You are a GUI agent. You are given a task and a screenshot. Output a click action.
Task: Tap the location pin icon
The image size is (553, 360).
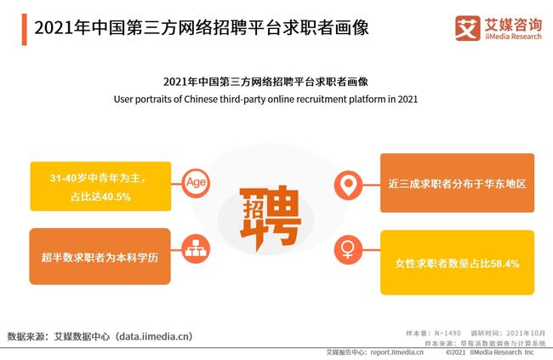[x=347, y=183]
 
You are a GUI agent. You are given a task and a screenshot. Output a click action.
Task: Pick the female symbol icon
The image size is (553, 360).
[x=347, y=250]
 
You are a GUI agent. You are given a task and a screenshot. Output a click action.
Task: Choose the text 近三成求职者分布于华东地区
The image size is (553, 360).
[x=457, y=184]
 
